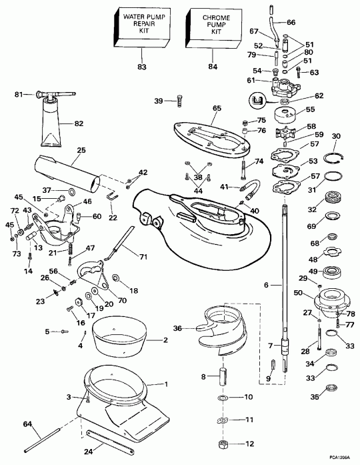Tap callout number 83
click(x=140, y=67)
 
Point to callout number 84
click(x=212, y=67)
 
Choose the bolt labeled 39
click(x=177, y=101)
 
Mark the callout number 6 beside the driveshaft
click(x=266, y=266)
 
